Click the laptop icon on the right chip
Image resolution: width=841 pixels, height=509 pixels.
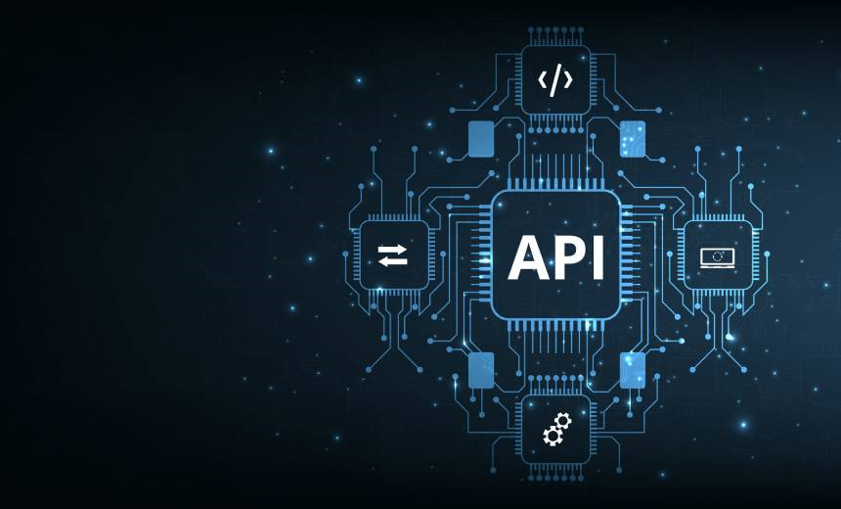[718, 256]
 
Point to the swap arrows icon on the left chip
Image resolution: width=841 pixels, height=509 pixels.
[393, 256]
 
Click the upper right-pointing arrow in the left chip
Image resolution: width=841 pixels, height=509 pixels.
[394, 250]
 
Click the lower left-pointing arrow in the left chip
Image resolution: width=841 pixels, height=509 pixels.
[392, 262]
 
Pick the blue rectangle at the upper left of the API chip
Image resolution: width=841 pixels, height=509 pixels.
[480, 139]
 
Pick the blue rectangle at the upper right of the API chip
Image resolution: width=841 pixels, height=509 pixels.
[632, 139]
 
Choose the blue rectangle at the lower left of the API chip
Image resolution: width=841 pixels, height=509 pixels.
[480, 371]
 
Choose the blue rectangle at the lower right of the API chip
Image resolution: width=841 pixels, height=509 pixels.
[632, 371]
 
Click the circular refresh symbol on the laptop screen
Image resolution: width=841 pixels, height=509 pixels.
[718, 254]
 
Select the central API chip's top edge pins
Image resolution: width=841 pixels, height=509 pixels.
[555, 184]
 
